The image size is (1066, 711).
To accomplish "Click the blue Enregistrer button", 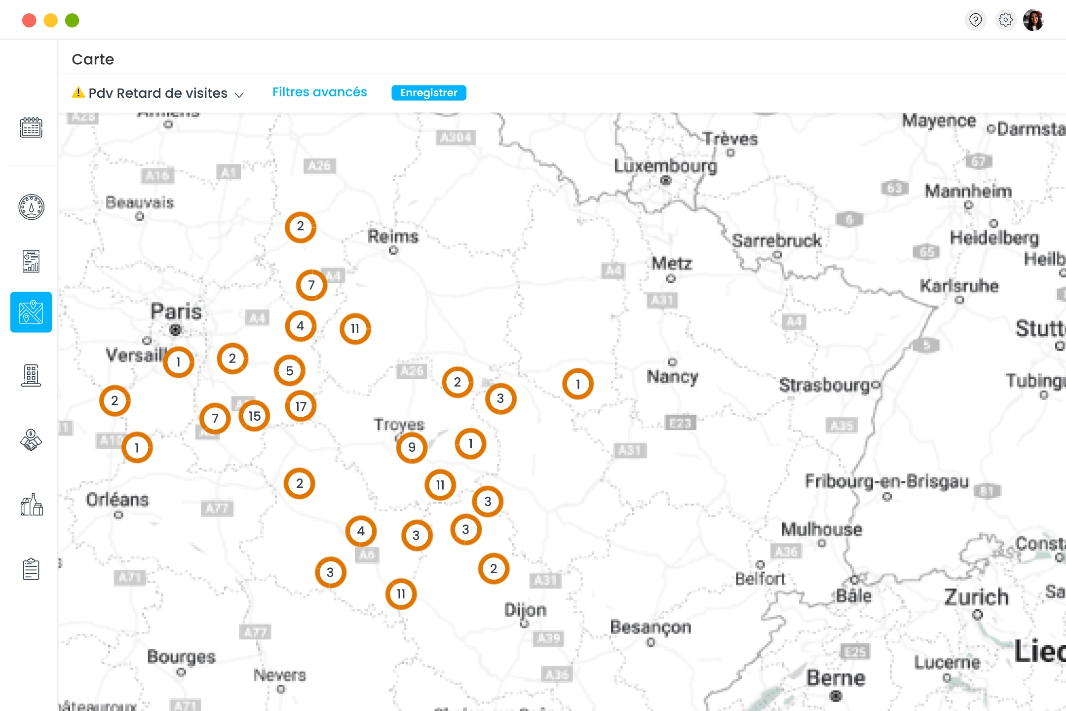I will (428, 93).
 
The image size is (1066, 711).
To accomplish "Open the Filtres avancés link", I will (319, 92).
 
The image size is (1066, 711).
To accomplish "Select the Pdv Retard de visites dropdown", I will (158, 93).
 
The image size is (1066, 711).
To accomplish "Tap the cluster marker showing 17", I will (301, 406).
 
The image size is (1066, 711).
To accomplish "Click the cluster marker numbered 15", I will (254, 416).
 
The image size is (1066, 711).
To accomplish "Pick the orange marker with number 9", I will (412, 447).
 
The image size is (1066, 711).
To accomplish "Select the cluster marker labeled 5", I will (290, 370).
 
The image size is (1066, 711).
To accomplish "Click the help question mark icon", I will (975, 20).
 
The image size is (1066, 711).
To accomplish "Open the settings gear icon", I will (1005, 20).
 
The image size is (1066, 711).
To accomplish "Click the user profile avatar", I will (1033, 20).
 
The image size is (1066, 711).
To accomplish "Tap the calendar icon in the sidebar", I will (31, 128).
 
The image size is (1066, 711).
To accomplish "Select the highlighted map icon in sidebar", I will (31, 312).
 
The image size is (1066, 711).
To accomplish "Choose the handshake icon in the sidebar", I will (31, 440).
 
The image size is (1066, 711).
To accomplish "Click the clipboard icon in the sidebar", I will (31, 569).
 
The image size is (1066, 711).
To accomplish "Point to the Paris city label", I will (176, 312).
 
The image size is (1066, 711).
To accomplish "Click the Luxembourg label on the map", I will (665, 166).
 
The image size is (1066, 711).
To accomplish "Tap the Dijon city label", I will (525, 610).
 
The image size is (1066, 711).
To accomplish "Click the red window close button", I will (29, 20).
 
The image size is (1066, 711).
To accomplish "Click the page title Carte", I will (93, 59).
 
